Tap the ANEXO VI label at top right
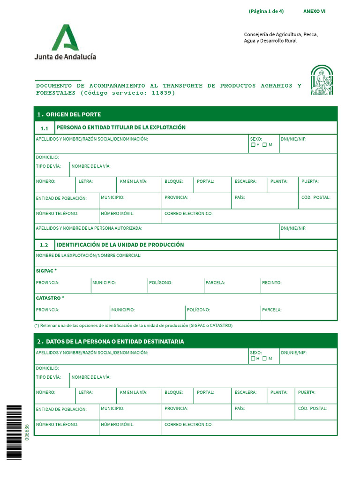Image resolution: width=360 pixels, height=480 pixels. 314,11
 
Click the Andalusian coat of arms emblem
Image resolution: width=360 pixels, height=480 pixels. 322,80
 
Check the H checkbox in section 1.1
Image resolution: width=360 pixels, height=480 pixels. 253,145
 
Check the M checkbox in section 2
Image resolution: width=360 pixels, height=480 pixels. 264,359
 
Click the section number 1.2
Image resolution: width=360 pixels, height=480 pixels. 44,245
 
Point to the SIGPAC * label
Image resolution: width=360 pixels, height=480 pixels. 46,271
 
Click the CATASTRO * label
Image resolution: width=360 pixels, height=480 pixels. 50,298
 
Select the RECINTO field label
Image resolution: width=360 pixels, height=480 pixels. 272,283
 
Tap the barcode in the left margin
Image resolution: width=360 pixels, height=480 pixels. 14,432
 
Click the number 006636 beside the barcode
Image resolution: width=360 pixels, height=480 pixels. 27,432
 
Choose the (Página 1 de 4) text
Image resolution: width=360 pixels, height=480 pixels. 266,11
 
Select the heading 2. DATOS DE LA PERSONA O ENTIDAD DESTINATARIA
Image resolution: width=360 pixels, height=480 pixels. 111,341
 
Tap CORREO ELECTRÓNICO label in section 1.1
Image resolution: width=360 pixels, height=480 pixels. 188,214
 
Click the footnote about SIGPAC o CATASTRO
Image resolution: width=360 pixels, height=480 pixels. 134,325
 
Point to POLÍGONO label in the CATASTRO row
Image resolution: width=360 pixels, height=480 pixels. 198,310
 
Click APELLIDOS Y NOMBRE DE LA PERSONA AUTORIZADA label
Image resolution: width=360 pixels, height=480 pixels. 89,228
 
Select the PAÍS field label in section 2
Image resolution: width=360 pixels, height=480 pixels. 240,409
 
